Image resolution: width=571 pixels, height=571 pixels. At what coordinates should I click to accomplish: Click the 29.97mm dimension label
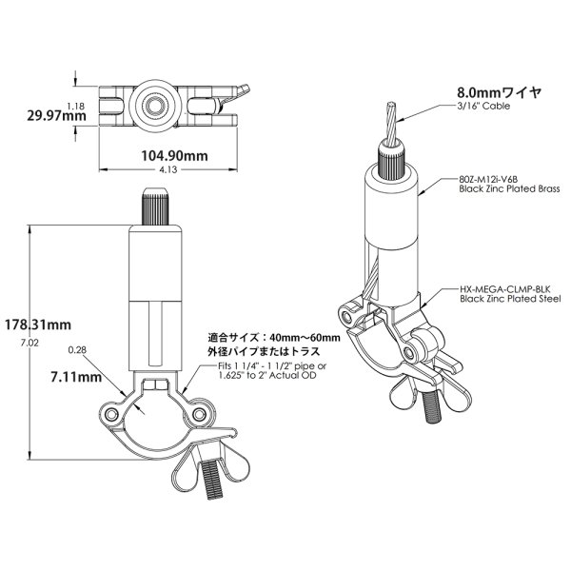pyautogui.click(x=56, y=116)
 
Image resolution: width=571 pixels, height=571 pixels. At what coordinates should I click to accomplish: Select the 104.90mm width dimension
pyautogui.click(x=174, y=156)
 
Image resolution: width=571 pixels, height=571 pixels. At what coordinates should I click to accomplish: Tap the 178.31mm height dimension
pyautogui.click(x=38, y=325)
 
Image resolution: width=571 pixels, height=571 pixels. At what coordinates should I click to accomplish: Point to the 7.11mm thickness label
pyautogui.click(x=76, y=377)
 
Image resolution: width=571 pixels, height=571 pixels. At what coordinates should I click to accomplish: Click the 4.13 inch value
pyautogui.click(x=167, y=169)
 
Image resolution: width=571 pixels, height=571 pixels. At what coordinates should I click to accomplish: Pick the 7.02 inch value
pyautogui.click(x=30, y=343)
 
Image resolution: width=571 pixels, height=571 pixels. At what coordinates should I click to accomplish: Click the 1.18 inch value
pyautogui.click(x=76, y=106)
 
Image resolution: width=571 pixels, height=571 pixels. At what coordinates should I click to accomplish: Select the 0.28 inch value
pyautogui.click(x=77, y=350)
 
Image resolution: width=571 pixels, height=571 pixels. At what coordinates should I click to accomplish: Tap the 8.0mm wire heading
pyautogui.click(x=500, y=92)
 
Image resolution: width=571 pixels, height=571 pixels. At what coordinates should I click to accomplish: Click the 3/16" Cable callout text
pyautogui.click(x=483, y=106)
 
